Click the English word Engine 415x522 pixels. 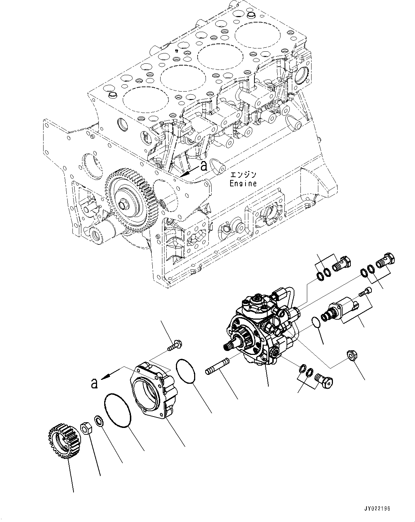pyautogui.click(x=243, y=184)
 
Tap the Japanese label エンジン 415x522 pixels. pyautogui.click(x=243, y=175)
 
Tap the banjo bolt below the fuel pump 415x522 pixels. pyautogui.click(x=324, y=382)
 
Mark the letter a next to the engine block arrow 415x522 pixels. pyautogui.click(x=204, y=166)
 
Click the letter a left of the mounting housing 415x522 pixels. pyautogui.click(x=94, y=383)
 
